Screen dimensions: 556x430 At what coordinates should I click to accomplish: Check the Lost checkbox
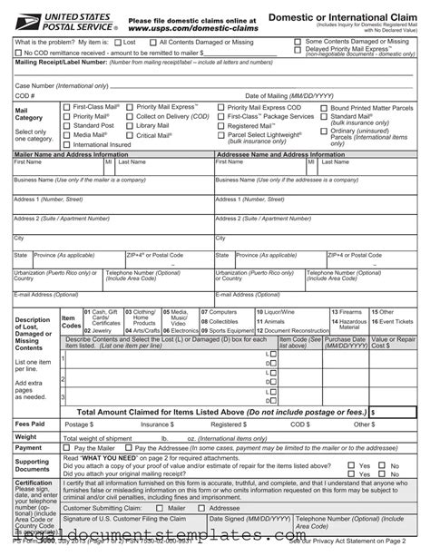[x=119, y=43]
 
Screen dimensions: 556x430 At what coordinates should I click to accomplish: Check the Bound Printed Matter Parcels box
[x=310, y=108]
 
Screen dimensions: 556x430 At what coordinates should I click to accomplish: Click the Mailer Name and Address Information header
[x=73, y=154]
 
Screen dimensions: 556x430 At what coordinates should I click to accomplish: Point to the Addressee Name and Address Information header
[x=281, y=154]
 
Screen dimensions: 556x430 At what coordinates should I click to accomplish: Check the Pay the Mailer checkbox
[x=67, y=448]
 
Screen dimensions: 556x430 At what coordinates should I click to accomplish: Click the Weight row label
[x=26, y=436]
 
